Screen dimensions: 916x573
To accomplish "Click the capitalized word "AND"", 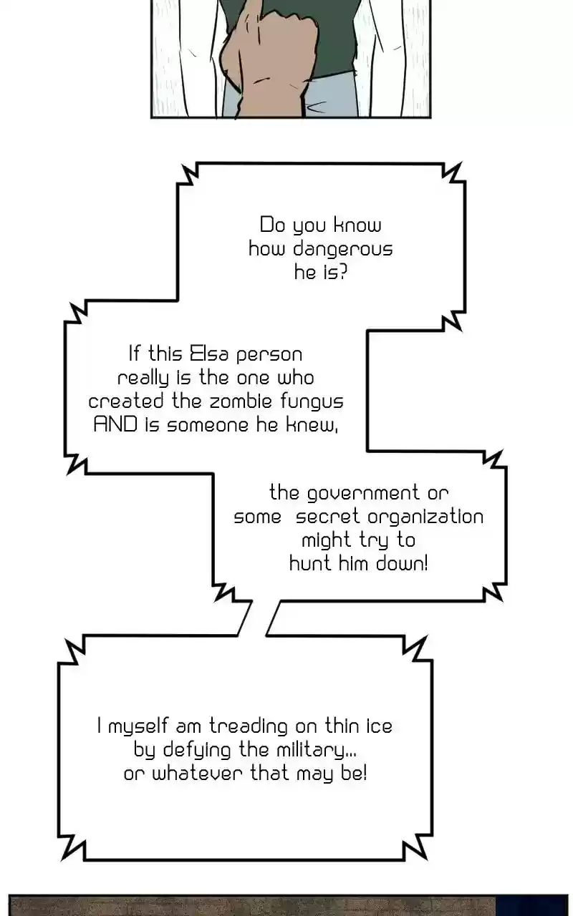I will pyautogui.click(x=116, y=424).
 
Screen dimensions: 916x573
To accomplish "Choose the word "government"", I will pyautogui.click(x=364, y=493).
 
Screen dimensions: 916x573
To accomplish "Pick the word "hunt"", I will pyautogui.click(x=309, y=563).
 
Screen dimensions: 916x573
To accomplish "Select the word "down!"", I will pyautogui.click(x=399, y=563).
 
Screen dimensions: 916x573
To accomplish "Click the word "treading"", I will pyautogui.click(x=249, y=726).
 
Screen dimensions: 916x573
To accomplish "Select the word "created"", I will pyautogui.click(x=126, y=401).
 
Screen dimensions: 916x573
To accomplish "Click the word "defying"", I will pyautogui.click(x=197, y=751).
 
